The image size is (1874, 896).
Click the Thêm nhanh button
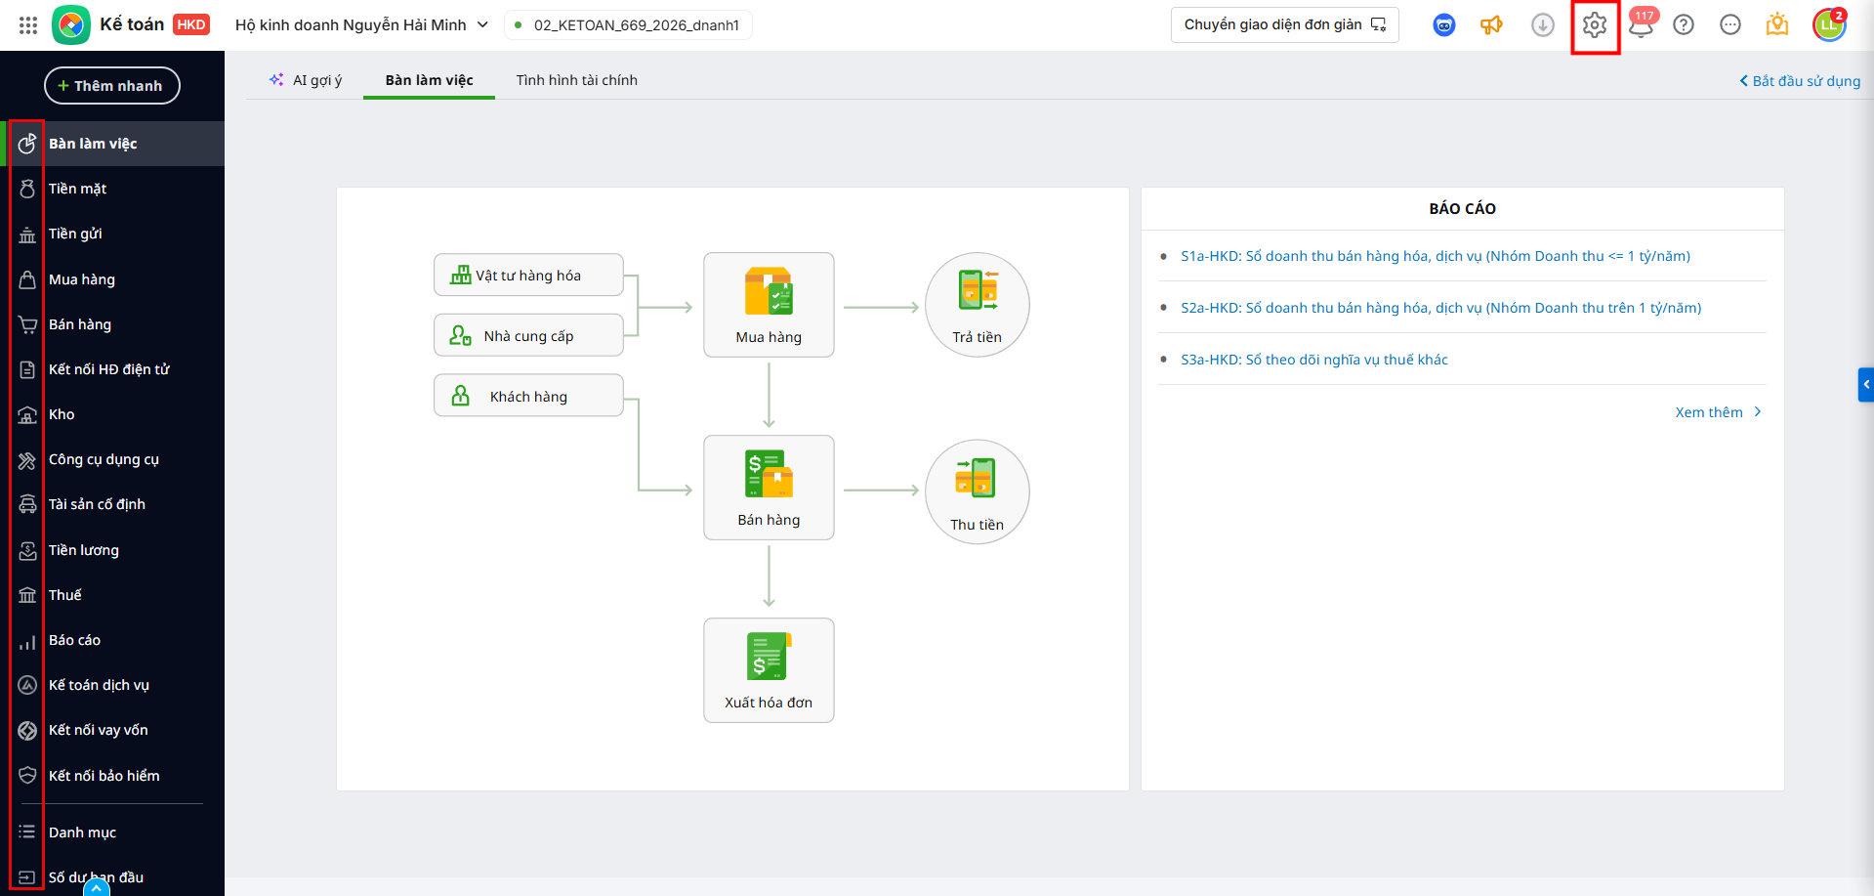click(112, 86)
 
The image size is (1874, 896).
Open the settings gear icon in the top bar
click(1595, 25)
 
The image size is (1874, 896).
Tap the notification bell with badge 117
click(1642, 24)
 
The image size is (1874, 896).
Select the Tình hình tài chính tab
click(576, 80)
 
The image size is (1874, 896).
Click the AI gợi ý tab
click(306, 80)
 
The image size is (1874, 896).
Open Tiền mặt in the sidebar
click(77, 189)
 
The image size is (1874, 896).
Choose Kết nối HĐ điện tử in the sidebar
click(108, 369)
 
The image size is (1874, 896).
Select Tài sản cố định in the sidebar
click(97, 504)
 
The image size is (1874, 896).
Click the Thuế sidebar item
click(64, 595)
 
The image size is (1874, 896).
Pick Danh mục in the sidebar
click(82, 832)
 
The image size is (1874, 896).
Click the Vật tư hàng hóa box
click(528, 276)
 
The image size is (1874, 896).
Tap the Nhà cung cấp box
click(528, 336)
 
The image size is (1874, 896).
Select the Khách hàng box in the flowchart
click(528, 396)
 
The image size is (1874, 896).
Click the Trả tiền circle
click(978, 305)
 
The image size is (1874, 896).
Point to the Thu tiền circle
click(978, 491)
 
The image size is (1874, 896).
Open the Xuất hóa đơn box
click(769, 670)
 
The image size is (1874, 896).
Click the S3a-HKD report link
click(1313, 360)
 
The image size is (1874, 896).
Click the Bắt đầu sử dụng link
click(1800, 81)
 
